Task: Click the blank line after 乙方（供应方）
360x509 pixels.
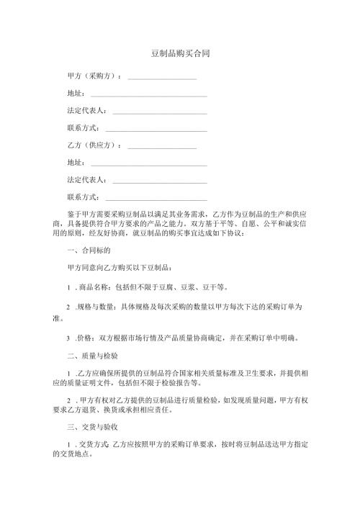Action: pos(162,146)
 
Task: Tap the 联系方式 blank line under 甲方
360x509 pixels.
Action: pos(156,129)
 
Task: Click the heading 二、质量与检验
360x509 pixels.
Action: pos(91,356)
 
